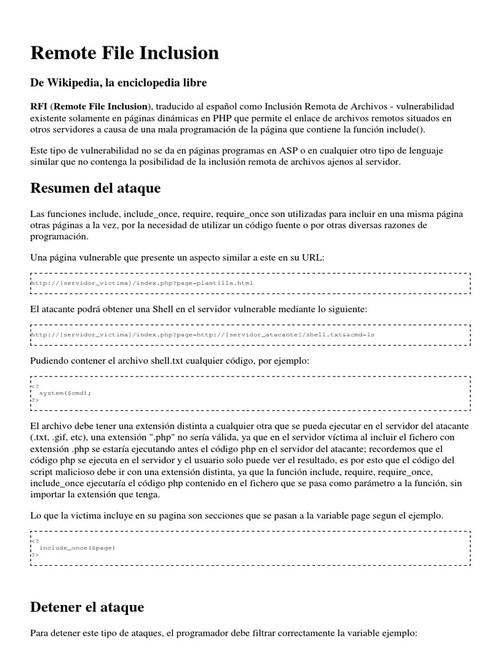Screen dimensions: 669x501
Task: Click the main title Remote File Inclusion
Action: (125, 53)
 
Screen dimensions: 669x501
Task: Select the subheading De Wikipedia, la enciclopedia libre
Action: (119, 83)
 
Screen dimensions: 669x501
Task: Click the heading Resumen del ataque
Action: (95, 188)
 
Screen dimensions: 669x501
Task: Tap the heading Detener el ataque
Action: (87, 606)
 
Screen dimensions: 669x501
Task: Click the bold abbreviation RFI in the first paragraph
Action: (38, 106)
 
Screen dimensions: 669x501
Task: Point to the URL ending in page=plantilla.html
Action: (142, 283)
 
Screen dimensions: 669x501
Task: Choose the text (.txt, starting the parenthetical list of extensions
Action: (42, 437)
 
